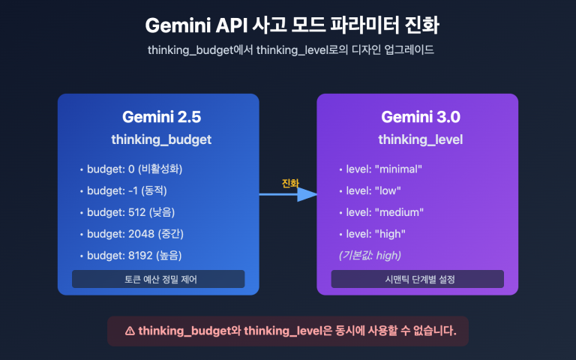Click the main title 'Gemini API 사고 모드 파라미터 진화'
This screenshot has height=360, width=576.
288,25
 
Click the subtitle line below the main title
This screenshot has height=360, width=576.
288,50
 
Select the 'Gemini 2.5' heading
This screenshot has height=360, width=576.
161,117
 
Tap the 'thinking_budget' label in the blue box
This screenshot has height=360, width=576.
161,139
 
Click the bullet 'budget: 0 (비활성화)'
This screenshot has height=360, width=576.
134,169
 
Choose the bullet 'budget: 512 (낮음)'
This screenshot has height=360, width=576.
130,212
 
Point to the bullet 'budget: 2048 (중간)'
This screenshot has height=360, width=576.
134,234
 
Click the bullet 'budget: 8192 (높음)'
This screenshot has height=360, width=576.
134,255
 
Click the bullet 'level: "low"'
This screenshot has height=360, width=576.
373,190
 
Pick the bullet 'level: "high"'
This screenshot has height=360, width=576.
375,234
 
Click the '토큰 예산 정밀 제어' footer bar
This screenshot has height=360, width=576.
158,279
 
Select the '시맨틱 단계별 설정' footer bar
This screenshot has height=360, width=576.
417,279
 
